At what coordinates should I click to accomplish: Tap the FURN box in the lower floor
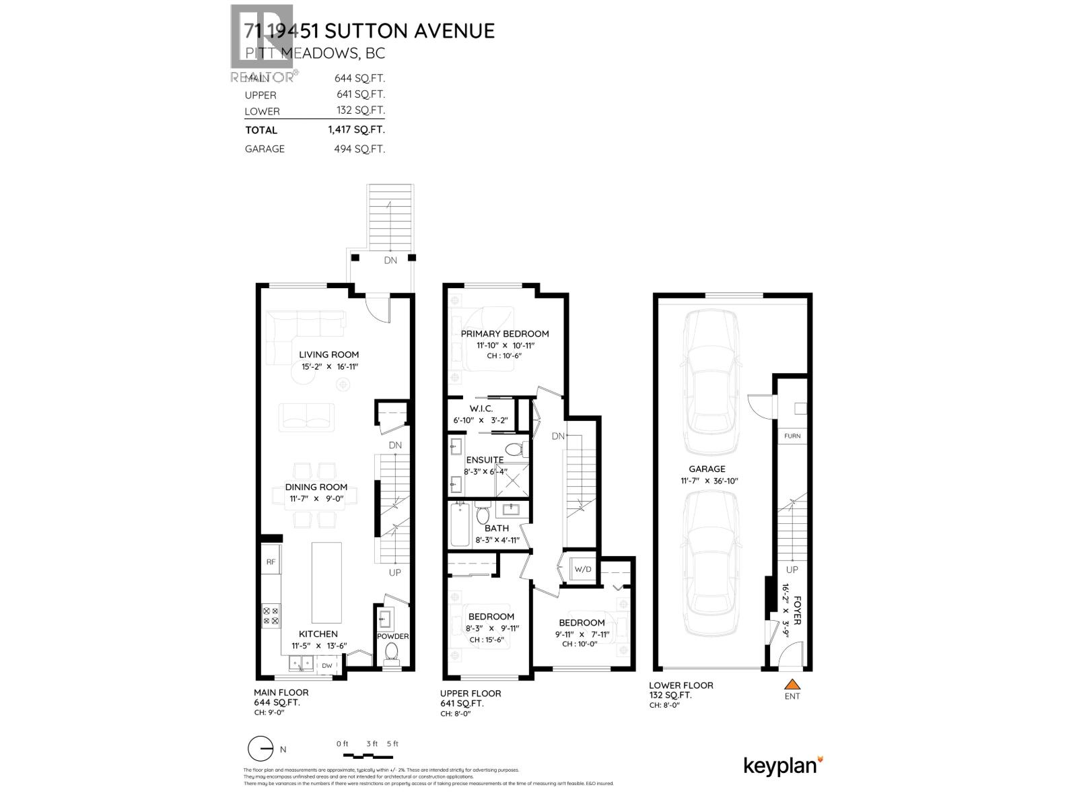pyautogui.click(x=792, y=436)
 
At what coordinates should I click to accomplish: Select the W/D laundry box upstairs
pyautogui.click(x=582, y=570)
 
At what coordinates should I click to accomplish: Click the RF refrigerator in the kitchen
pyautogui.click(x=271, y=561)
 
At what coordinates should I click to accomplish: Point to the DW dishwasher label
pyautogui.click(x=327, y=665)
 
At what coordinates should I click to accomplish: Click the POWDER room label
pyautogui.click(x=392, y=636)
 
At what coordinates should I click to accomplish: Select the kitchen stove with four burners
pyautogui.click(x=271, y=615)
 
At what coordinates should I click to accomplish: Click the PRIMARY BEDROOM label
pyautogui.click(x=504, y=334)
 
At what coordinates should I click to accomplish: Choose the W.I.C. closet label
pyautogui.click(x=481, y=409)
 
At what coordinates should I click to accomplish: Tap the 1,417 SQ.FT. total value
pyautogui.click(x=356, y=130)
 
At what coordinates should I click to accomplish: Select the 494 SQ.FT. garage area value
pyautogui.click(x=359, y=149)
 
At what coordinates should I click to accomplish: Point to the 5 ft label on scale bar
pyautogui.click(x=392, y=744)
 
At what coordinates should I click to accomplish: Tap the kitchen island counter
pyautogui.click(x=326, y=582)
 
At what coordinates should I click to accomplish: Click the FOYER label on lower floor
pyautogui.click(x=798, y=610)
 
